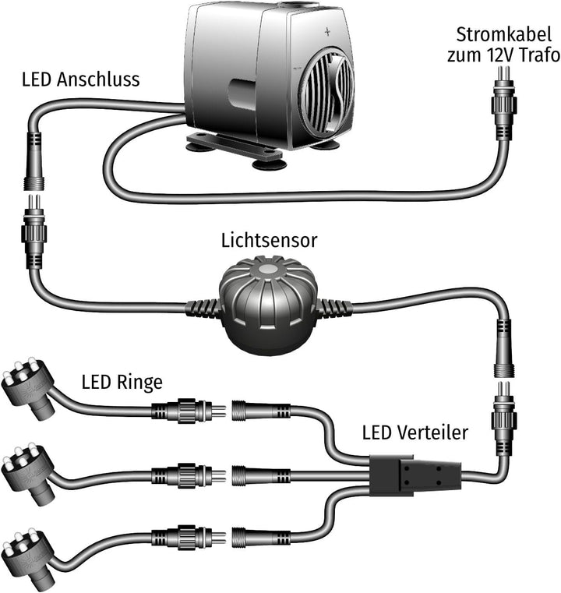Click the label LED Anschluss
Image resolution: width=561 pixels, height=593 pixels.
pyautogui.click(x=81, y=79)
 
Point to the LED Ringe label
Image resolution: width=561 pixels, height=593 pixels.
pyautogui.click(x=122, y=383)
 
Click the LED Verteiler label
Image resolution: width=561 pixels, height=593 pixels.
pyautogui.click(x=415, y=432)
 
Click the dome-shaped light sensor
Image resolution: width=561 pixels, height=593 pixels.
pyautogui.click(x=268, y=304)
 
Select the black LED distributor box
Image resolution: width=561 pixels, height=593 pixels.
pyautogui.click(x=416, y=474)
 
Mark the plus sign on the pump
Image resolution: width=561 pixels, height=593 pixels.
pyautogui.click(x=327, y=33)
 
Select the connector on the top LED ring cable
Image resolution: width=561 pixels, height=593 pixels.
pyautogui.click(x=186, y=410)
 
